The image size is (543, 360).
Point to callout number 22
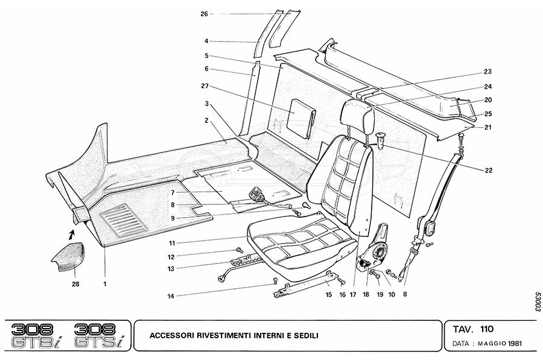point(487,171)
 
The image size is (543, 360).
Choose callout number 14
point(171,295)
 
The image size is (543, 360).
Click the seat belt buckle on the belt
point(430,229)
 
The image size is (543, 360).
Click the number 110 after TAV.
point(487,329)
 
